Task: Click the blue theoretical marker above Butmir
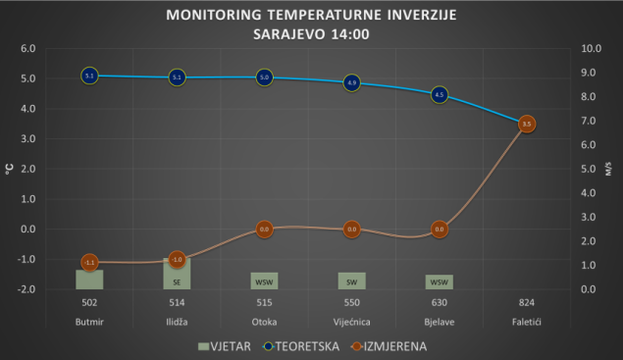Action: pos(89,76)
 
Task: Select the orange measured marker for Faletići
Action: pos(527,125)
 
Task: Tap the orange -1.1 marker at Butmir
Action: pos(89,262)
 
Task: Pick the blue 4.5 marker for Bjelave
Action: pos(440,95)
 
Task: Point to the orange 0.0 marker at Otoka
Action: pos(264,230)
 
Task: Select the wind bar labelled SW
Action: pos(352,281)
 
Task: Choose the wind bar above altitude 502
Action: pos(89,280)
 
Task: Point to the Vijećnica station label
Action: pos(352,322)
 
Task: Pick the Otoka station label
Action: pos(264,322)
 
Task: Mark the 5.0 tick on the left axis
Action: pos(28,78)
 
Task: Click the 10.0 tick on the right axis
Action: pos(592,48)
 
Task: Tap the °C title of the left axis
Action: pos(9,170)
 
